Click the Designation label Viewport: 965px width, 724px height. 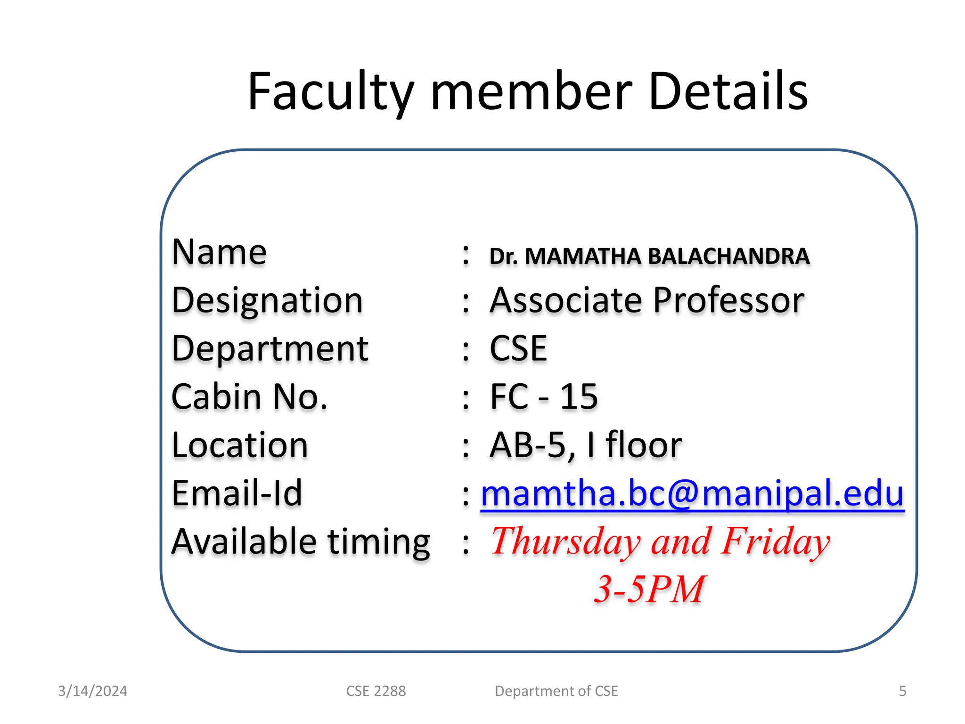[267, 300]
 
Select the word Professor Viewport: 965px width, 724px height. [728, 300]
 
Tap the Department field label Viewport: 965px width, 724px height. [270, 349]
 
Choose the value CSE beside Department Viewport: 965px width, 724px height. [518, 349]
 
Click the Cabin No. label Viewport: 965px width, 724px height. [249, 397]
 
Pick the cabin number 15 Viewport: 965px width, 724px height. [579, 397]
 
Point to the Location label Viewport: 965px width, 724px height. [240, 445]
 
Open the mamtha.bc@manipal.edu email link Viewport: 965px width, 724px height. [692, 494]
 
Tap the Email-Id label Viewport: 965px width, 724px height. [237, 494]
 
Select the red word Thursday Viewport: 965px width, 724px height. [565, 542]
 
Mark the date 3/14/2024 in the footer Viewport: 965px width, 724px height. [93, 691]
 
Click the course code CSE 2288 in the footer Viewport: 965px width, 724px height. [376, 691]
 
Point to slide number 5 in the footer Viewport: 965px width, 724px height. [902, 691]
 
